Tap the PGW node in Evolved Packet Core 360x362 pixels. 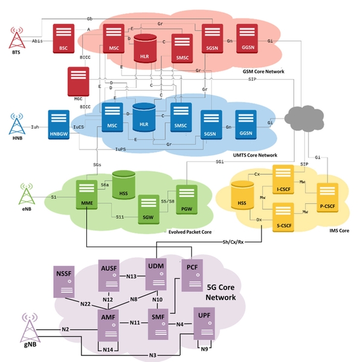186,198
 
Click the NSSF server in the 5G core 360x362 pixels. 65,281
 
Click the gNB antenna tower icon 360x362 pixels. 31,328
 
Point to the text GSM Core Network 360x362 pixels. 263,71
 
